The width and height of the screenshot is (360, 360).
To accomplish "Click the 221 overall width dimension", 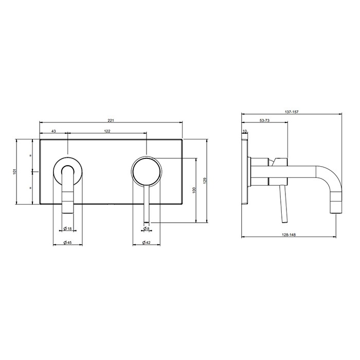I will coord(111,120).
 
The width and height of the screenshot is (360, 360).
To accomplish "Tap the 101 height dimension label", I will coord(15,172).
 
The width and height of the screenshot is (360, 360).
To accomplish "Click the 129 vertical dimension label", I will coord(205,180).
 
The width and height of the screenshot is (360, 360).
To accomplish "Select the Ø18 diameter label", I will coord(68,228).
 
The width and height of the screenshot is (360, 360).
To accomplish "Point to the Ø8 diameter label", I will coord(146,228).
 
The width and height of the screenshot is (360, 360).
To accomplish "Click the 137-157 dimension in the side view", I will coord(292,110).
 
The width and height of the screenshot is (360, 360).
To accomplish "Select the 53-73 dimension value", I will coord(266,120).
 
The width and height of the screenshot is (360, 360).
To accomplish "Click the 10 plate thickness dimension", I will coord(245,132).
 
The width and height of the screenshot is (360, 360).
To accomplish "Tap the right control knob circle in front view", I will coord(146,169).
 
